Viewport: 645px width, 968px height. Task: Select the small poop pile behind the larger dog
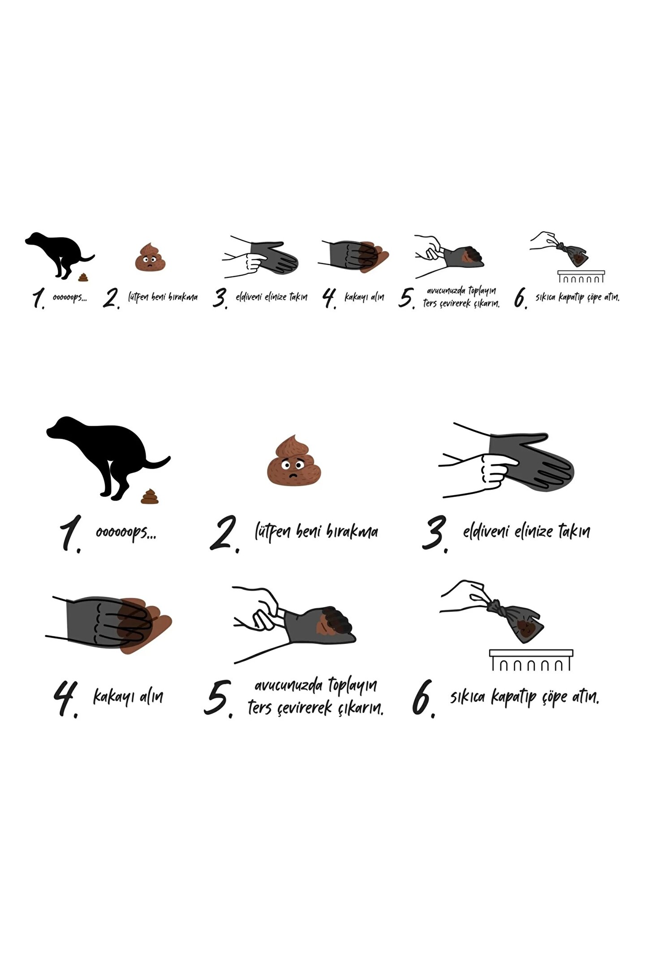(x=150, y=497)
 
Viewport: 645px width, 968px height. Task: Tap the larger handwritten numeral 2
(x=224, y=534)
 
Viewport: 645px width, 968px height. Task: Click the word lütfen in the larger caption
(x=273, y=532)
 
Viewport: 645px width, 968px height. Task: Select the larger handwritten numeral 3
(x=435, y=534)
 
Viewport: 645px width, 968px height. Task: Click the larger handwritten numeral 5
(x=219, y=699)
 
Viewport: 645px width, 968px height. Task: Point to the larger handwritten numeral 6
(x=423, y=699)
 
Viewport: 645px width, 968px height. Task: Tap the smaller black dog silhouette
(x=60, y=254)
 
